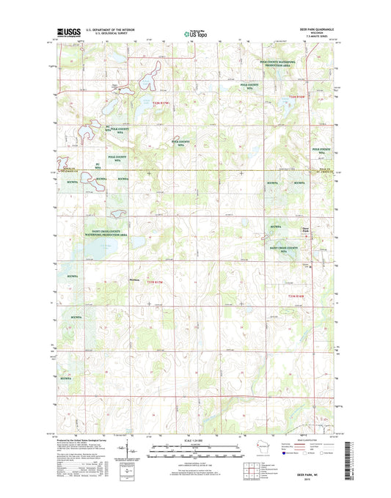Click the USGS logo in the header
tap(68, 32)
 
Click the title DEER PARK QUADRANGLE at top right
tap(307, 29)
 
